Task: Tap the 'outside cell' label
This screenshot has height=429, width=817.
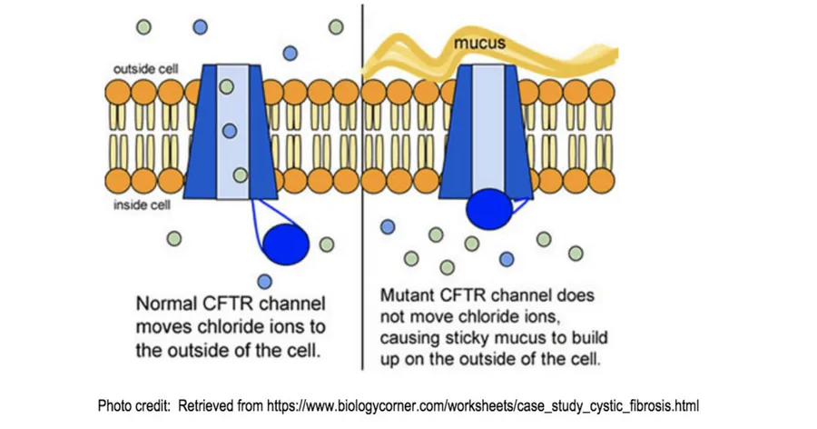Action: (145, 69)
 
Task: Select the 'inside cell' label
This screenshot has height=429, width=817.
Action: (142, 205)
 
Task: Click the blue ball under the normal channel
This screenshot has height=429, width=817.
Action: (286, 243)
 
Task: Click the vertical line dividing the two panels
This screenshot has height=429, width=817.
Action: (363, 182)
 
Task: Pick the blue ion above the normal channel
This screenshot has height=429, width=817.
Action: (290, 54)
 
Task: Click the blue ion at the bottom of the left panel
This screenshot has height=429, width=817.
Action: (264, 281)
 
